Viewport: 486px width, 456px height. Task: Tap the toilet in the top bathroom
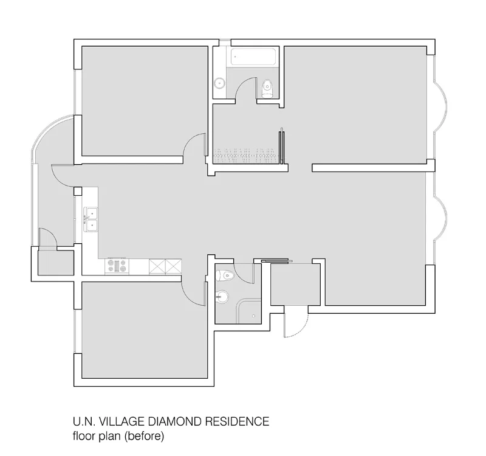point(266,89)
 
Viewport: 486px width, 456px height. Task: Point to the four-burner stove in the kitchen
point(117,266)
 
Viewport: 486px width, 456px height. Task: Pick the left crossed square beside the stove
point(157,266)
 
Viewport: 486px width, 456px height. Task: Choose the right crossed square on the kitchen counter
point(173,266)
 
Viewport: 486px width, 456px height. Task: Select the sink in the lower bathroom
point(222,297)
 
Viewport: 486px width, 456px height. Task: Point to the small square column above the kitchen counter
point(77,192)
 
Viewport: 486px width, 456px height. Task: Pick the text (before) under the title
point(146,435)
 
